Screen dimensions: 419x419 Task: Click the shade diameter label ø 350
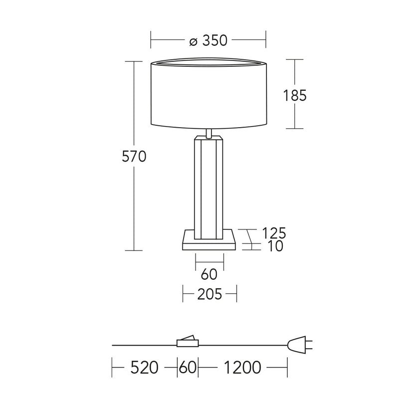pos(209,40)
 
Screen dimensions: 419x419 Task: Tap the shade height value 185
pos(295,95)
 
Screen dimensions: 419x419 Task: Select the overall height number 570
pos(134,156)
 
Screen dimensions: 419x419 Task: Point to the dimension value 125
pos(274,233)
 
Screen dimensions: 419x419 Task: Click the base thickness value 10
pos(275,246)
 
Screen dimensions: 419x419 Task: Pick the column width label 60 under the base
pos(209,274)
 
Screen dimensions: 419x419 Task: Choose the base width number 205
pos(210,294)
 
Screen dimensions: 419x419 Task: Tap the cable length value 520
pos(144,368)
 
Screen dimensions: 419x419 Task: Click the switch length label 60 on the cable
pos(188,368)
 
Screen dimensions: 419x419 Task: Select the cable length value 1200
pos(242,368)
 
